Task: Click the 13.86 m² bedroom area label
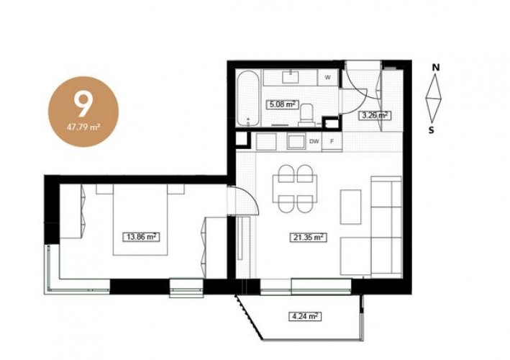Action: coord(142,237)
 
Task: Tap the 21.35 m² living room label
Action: coord(309,238)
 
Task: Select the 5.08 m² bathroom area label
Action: coord(283,104)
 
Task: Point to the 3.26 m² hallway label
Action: coord(374,115)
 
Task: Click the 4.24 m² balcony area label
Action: coord(305,316)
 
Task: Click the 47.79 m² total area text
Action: coord(83,127)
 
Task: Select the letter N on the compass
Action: coord(436,68)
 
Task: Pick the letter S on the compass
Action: coord(432,130)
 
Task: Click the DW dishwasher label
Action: coord(314,142)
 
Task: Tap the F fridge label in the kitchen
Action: coord(332,142)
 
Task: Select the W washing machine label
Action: coord(328,78)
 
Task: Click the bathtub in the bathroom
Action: coord(248,99)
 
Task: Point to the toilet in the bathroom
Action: coord(306,114)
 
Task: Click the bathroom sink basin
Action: coord(290,77)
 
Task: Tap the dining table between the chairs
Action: coord(295,189)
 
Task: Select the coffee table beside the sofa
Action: coord(350,207)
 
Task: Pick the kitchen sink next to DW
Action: coord(297,142)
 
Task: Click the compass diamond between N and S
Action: coord(434,98)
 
